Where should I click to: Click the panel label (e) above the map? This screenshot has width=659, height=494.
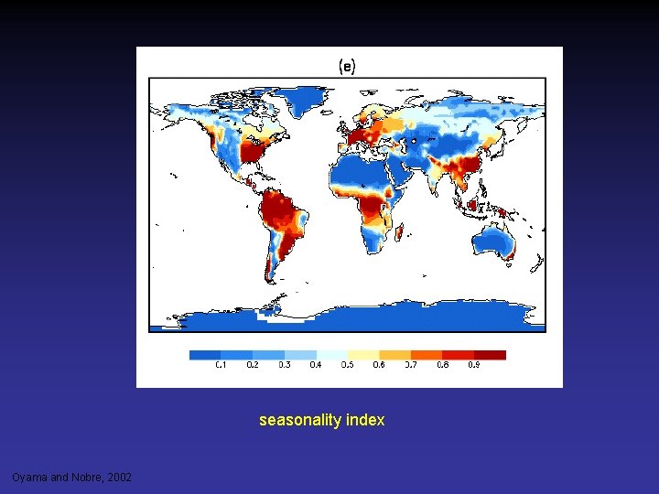coord(348,66)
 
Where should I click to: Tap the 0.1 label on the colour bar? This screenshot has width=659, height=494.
coord(221,364)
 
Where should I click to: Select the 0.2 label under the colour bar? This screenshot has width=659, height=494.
coord(253,364)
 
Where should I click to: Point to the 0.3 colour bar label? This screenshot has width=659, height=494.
coord(285,364)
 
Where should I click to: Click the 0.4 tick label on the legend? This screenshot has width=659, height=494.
coord(316,364)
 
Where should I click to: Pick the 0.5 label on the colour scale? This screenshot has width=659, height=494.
coord(348,364)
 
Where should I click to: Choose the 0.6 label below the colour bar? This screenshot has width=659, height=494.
coord(379,364)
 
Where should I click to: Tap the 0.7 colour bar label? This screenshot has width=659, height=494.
coord(411,364)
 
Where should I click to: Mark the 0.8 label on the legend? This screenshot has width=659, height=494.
coord(442,364)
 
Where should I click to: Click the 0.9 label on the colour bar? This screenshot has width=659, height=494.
coord(474,364)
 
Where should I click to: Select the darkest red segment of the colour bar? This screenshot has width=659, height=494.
coord(490,354)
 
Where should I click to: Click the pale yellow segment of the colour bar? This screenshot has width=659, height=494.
coord(363,354)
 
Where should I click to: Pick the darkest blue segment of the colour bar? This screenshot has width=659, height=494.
coord(205,354)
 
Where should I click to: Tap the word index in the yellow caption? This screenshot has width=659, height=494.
coord(366,421)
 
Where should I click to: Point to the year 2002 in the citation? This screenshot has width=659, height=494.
coord(118,478)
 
